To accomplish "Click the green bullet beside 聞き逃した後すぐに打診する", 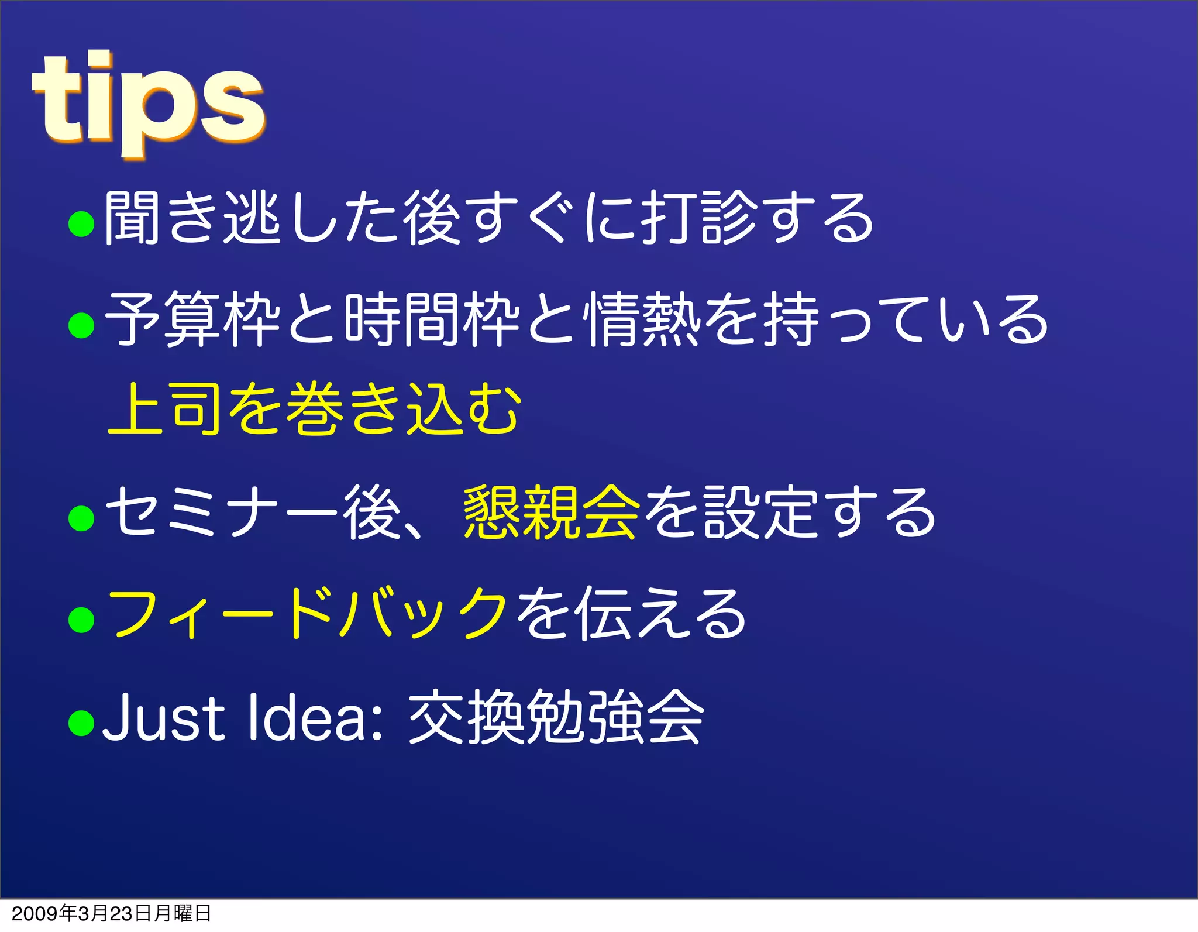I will (x=81, y=223).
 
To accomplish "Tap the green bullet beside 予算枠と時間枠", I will (x=81, y=325).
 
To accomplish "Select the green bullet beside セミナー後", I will (x=81, y=518).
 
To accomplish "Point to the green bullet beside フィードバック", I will (x=81, y=620).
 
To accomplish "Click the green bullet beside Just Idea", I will (x=81, y=722).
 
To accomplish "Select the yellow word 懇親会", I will (x=551, y=513).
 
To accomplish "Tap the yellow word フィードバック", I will (x=308, y=614).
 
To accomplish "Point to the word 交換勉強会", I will (x=556, y=717).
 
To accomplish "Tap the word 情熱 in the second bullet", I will (x=643, y=320).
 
